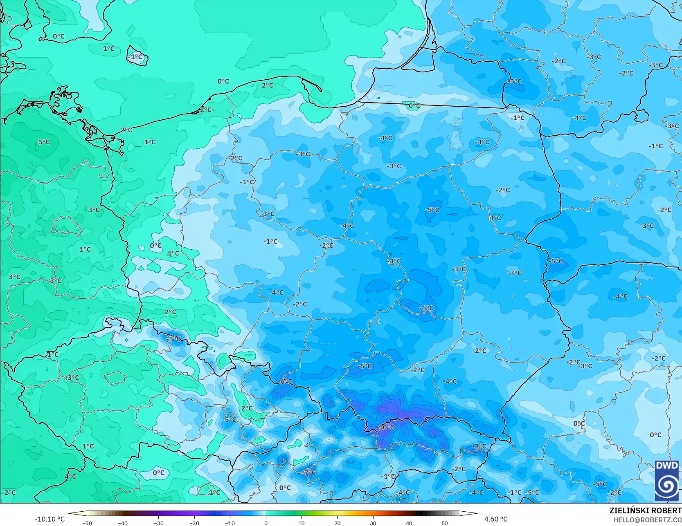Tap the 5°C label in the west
point(44,142)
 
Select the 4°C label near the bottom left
point(70,476)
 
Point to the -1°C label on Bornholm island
point(136,57)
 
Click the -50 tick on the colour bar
point(87,523)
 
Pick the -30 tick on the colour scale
point(159,523)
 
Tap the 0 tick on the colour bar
point(266,523)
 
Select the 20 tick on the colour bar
point(337,523)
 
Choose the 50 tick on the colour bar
point(444,523)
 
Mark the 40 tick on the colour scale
point(409,523)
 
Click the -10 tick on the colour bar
point(230,523)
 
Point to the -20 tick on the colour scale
point(194,523)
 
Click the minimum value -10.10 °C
point(50,519)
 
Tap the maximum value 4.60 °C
point(496,519)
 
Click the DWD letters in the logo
point(667,466)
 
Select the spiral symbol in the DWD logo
point(667,486)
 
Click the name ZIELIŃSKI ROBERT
point(645,510)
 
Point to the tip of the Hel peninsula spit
point(321,91)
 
